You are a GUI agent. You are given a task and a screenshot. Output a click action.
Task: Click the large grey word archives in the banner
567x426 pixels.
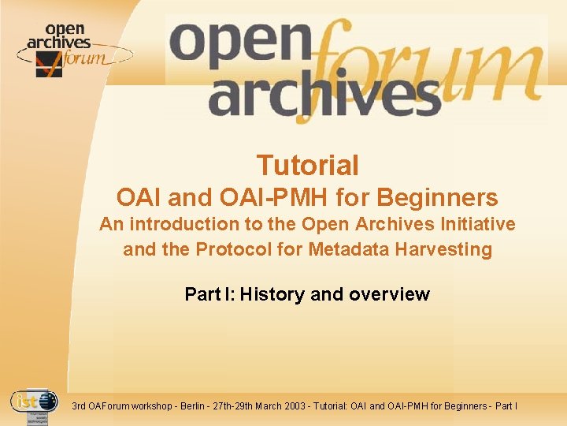pyautogui.click(x=323, y=99)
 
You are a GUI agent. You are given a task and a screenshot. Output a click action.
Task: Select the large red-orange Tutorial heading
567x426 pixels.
pyautogui.click(x=307, y=166)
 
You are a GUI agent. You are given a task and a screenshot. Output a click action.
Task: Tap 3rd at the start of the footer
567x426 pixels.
pyautogui.click(x=79, y=406)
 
